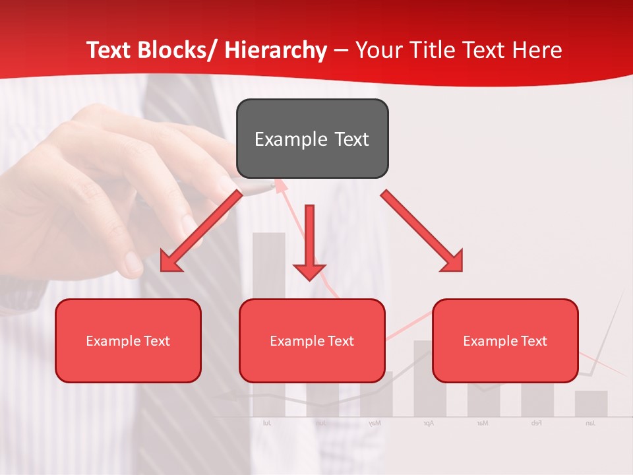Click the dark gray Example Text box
(312, 139)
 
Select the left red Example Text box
(128, 340)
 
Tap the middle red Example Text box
(312, 340)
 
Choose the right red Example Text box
(505, 340)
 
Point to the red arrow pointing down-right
(423, 232)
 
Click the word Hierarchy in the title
(275, 50)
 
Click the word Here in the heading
(536, 50)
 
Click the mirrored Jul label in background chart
(267, 423)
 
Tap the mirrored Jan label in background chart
(590, 423)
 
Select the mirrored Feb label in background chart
(536, 423)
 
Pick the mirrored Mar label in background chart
(483, 423)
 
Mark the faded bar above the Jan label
(591, 403)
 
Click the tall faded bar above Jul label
(269, 277)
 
